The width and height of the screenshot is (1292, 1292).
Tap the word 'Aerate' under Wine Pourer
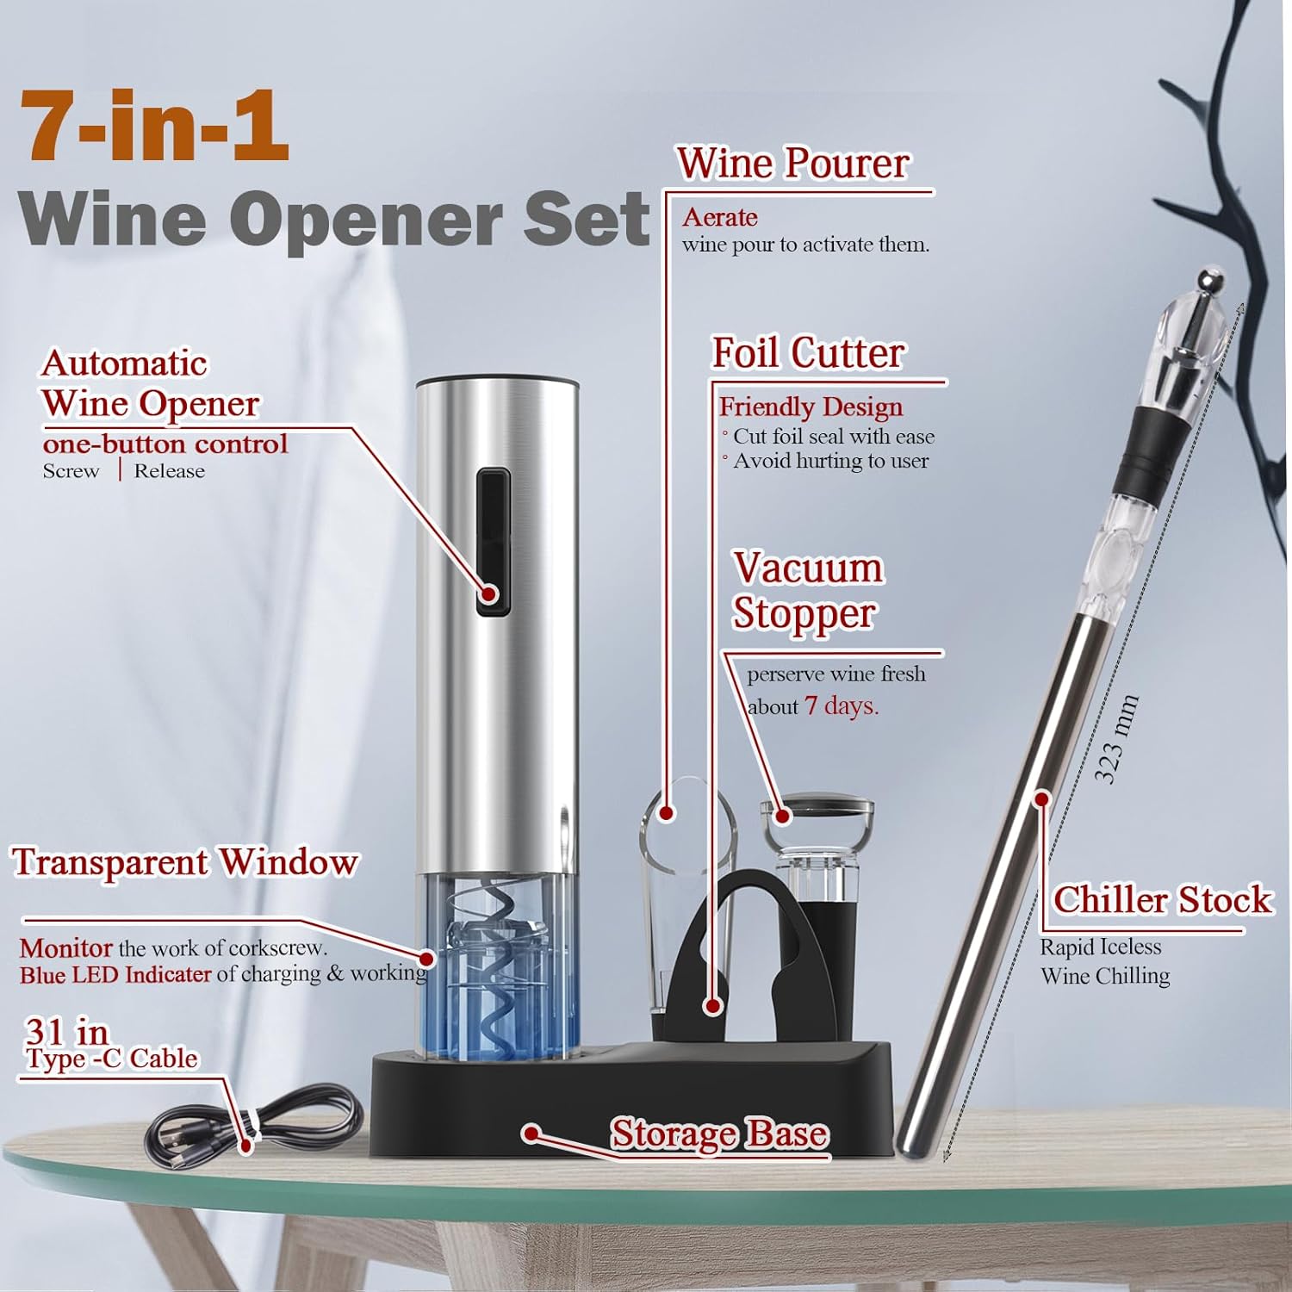[719, 217]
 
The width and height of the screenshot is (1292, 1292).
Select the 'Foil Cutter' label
[808, 352]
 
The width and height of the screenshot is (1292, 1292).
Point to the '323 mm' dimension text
[1116, 739]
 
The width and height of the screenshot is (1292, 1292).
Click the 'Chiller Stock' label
[1162, 899]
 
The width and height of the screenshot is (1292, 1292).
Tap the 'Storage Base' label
[719, 1134]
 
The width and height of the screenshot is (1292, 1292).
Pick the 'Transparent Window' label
[184, 862]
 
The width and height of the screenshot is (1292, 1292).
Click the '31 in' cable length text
[66, 1031]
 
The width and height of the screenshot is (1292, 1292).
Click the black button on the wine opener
[493, 542]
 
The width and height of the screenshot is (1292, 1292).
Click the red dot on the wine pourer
[666, 812]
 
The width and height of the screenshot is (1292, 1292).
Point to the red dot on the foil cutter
[711, 1005]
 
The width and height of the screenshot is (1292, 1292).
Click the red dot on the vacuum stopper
[782, 815]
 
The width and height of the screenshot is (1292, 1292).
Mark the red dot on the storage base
[532, 1134]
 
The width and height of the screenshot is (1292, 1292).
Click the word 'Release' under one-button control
[169, 471]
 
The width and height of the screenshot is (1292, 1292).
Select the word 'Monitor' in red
[65, 948]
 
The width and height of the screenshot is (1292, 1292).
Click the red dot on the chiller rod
[1041, 799]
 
